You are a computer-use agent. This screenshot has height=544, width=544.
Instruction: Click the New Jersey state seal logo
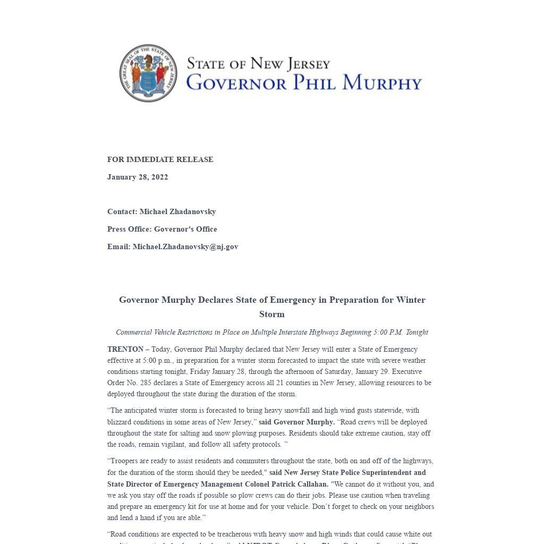(148, 73)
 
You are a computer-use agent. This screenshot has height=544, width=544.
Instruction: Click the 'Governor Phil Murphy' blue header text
(304, 83)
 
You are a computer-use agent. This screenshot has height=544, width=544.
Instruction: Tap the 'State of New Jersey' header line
(258, 64)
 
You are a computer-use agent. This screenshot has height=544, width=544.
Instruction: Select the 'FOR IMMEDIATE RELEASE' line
(160, 159)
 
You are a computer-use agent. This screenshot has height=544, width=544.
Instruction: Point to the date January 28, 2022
(138, 177)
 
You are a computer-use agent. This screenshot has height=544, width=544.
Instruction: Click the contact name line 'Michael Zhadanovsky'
(177, 211)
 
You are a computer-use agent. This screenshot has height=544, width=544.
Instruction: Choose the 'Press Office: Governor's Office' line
(162, 229)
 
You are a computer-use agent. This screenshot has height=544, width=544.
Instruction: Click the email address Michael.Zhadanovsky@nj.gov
(185, 246)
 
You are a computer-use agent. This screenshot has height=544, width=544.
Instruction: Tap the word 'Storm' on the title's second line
(272, 314)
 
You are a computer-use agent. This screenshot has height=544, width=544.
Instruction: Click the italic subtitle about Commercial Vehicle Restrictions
(272, 332)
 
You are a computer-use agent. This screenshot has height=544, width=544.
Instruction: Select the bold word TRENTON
(125, 349)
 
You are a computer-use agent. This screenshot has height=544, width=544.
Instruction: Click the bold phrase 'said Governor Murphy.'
(296, 422)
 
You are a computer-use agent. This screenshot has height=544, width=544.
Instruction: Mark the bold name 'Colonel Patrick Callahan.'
(286, 484)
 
